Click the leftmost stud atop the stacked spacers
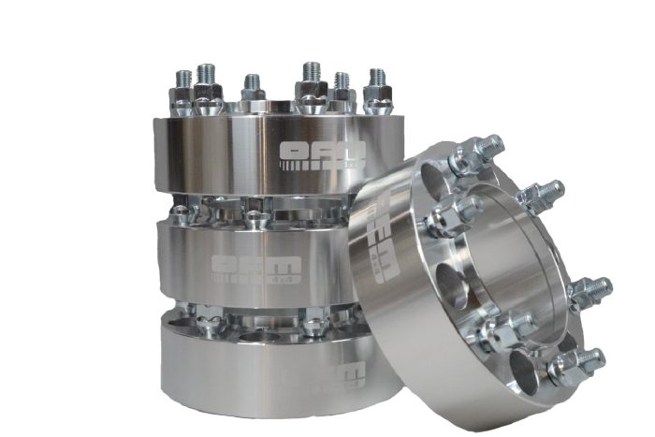point(181,77)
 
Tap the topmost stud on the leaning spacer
point(488,150)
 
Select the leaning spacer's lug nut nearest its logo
point(440,221)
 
